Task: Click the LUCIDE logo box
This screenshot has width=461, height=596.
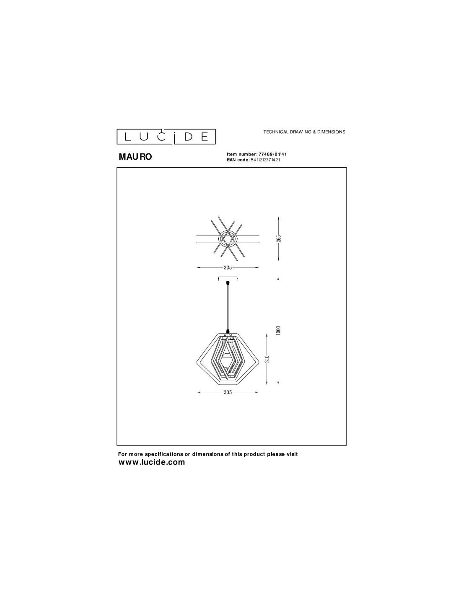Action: pyautogui.click(x=166, y=137)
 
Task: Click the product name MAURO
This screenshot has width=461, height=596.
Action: pyautogui.click(x=135, y=157)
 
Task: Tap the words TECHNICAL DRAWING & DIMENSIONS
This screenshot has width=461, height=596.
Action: pyautogui.click(x=304, y=132)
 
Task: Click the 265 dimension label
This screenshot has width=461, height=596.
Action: pyautogui.click(x=279, y=238)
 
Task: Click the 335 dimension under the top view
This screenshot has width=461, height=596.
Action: pyautogui.click(x=228, y=268)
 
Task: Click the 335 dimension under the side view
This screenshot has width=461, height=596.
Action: pyautogui.click(x=228, y=392)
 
